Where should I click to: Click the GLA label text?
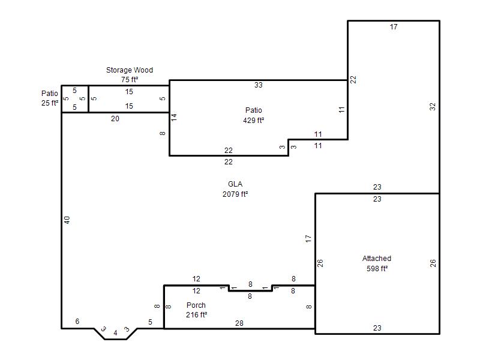(x=235, y=184)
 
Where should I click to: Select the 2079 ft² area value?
(x=235, y=194)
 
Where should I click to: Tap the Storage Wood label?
(x=130, y=70)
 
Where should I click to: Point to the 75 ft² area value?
(x=130, y=80)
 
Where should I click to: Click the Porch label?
(x=196, y=305)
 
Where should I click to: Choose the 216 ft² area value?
(x=197, y=314)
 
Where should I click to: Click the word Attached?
(x=377, y=259)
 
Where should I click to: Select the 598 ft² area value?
(x=377, y=268)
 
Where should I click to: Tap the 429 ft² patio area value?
(x=253, y=121)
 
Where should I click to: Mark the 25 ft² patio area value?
(x=50, y=103)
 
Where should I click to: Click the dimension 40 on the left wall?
(x=67, y=220)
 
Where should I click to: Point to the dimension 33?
(x=259, y=85)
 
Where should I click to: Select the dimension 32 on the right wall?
(x=432, y=107)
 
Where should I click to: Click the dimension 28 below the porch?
(x=239, y=323)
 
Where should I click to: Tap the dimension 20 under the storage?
(x=115, y=118)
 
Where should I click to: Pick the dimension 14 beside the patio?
(x=174, y=117)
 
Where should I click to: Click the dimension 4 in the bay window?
(x=115, y=333)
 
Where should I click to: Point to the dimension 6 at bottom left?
(x=77, y=322)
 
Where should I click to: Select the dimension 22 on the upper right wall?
(x=353, y=79)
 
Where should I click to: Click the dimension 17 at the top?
(x=394, y=27)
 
